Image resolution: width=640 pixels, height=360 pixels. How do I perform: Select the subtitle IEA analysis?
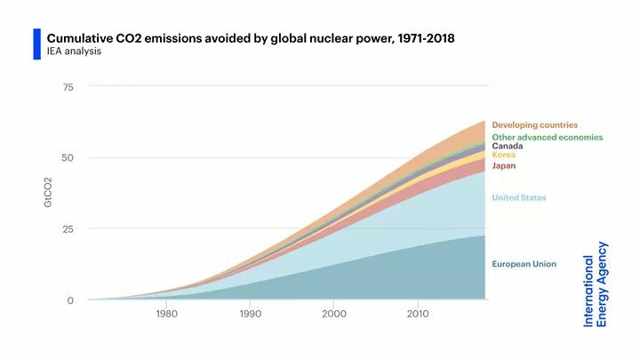[74, 52]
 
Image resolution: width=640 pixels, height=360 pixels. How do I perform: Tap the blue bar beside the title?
[37, 44]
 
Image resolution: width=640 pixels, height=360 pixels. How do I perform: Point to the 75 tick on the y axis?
[68, 87]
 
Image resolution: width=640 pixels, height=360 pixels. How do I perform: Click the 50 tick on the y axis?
[68, 158]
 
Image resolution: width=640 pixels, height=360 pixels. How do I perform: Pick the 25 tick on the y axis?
[68, 229]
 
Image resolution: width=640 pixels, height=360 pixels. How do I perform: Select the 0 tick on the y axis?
[70, 300]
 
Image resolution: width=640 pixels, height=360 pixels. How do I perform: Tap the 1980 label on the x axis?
[167, 314]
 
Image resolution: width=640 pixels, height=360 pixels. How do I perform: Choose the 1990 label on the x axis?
[251, 314]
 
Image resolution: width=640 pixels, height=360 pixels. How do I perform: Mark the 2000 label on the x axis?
[334, 314]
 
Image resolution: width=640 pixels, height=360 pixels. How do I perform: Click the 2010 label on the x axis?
[418, 314]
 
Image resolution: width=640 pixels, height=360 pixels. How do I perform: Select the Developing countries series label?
[534, 125]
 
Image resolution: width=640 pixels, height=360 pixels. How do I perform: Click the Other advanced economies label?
[547, 137]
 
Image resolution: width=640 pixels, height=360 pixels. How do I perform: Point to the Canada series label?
[508, 146]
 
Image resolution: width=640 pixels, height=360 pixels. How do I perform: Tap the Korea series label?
[504, 155]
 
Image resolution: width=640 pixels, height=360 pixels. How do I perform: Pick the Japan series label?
[504, 165]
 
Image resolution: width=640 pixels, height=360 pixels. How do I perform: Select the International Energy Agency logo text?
[596, 284]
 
